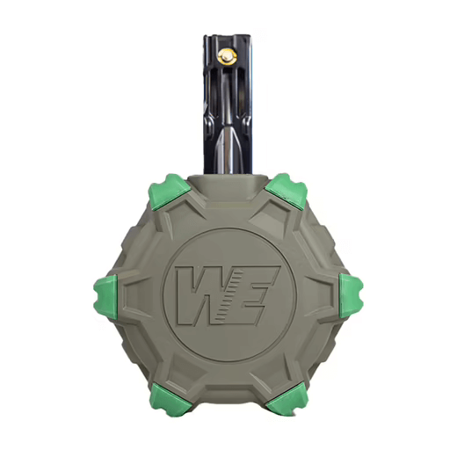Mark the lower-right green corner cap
(x=287, y=400)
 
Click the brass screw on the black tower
(x=228, y=56)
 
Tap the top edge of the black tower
(x=228, y=38)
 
